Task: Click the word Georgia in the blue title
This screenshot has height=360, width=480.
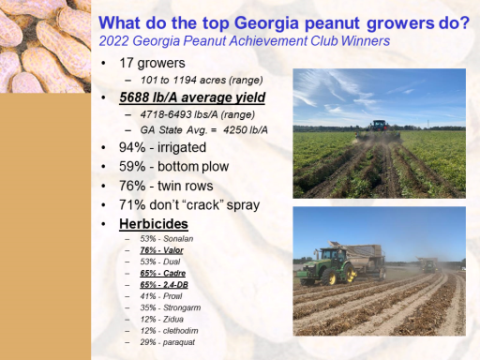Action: [266, 23]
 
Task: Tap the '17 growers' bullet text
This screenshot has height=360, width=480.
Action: [152, 63]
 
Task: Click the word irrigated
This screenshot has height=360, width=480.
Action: [182, 147]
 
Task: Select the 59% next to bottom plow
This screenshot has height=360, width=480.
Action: [132, 167]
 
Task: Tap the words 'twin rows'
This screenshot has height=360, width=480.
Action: [186, 186]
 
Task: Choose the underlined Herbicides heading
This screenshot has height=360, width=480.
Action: [154, 224]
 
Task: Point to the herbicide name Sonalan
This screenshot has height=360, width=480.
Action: [178, 239]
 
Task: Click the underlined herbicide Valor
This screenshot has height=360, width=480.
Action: [173, 250]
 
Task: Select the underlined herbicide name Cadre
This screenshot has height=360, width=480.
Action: [174, 273]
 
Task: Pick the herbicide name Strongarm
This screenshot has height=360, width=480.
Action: [182, 307]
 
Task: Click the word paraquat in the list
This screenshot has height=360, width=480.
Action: [179, 342]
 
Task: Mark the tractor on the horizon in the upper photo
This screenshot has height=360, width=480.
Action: [379, 126]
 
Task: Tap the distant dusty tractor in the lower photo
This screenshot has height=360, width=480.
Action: [429, 265]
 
